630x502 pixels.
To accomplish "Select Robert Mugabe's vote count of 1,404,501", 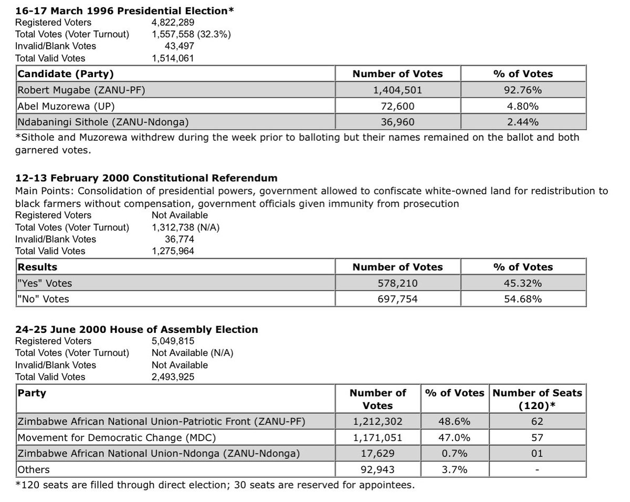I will pos(397,90).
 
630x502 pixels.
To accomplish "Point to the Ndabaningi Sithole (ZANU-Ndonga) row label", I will pos(103,122).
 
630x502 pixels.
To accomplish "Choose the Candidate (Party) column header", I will pos(66,74).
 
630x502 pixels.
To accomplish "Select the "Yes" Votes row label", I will pos(45,283).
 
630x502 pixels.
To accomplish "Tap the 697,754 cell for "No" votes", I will pos(397,299).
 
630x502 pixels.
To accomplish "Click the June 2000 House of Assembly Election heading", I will pos(137,330).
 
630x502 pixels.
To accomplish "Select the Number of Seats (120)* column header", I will pos(537,399).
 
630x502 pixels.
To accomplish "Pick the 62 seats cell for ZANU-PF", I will pos(537,422).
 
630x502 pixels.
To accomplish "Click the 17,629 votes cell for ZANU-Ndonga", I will pos(377,453).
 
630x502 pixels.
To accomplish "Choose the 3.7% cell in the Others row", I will pos(454,469).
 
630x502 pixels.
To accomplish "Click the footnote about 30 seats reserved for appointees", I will pos(215,484).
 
